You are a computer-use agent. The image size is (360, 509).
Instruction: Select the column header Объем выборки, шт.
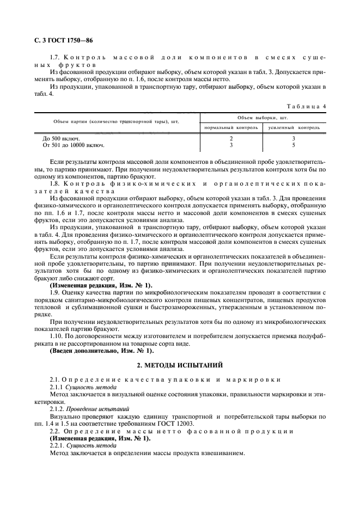pyautogui.click(x=263, y=117)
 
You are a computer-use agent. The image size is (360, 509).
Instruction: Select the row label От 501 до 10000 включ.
pyautogui.click(x=74, y=145)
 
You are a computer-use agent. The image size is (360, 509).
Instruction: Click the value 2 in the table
pyautogui.click(x=231, y=138)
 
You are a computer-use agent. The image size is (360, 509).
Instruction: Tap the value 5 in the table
pyautogui.click(x=294, y=145)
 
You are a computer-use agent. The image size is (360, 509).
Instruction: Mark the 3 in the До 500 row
pyautogui.click(x=294, y=138)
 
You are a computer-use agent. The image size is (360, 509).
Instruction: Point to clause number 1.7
pyautogui.click(x=55, y=57)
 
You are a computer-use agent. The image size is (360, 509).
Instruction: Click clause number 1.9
pyautogui.click(x=55, y=292)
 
